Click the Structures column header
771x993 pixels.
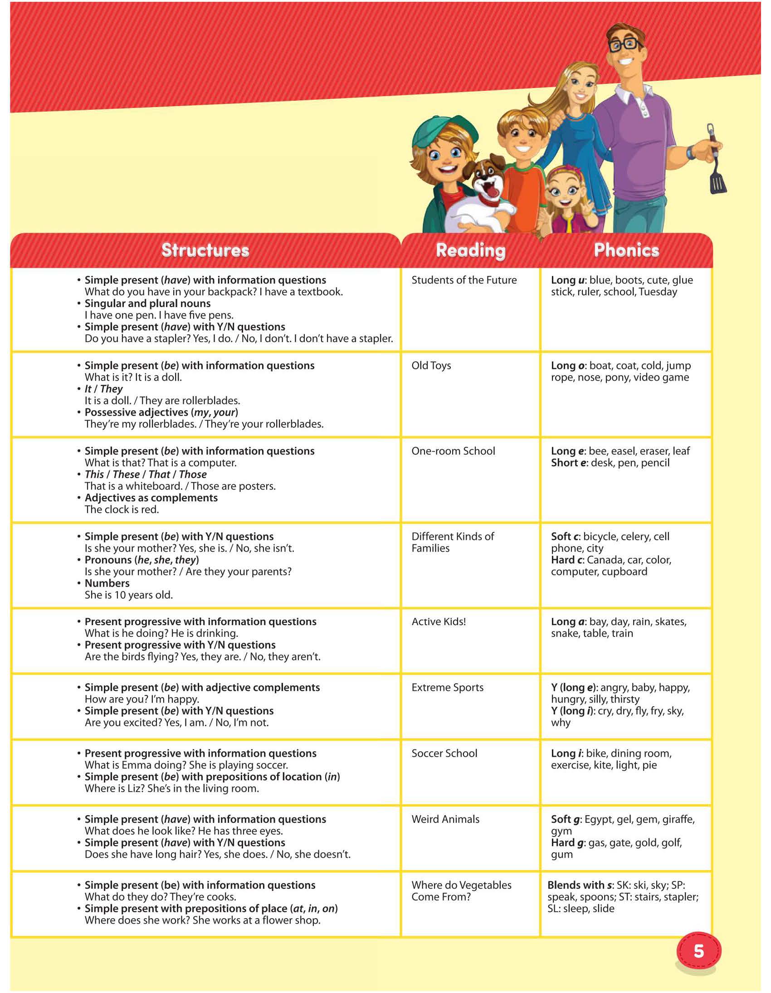[x=205, y=250]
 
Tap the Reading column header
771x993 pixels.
[x=470, y=250]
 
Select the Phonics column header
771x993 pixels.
[x=626, y=250]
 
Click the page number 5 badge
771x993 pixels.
[x=699, y=951]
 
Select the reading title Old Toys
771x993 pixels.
[x=431, y=366]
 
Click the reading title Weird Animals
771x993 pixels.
[x=445, y=819]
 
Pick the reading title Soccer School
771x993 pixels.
[x=444, y=753]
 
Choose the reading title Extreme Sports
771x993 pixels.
[x=447, y=687]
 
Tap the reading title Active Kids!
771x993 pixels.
[x=439, y=621]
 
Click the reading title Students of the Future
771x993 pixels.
[x=464, y=280]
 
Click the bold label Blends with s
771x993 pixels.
[x=580, y=885]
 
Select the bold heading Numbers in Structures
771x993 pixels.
[x=107, y=583]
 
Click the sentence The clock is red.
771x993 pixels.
[x=122, y=510]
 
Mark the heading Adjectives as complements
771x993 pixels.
[x=151, y=498]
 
